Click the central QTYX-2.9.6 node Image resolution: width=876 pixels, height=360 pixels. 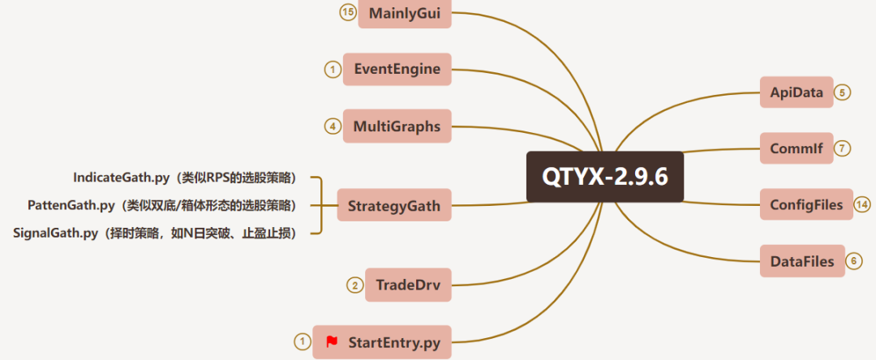pos(604,177)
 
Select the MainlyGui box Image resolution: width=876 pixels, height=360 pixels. pos(405,13)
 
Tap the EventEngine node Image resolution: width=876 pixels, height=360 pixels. pos(397,69)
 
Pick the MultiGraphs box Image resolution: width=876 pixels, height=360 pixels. pos(397,126)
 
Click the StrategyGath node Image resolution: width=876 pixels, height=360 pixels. pos(393,205)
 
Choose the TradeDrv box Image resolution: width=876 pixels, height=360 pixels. pos(407,285)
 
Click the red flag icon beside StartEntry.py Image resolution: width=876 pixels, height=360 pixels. pos(331,341)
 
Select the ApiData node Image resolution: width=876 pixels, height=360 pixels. pos(797,92)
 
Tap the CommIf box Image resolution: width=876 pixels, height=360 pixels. pos(797,148)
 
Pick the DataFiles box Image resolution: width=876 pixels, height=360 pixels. pos(801,261)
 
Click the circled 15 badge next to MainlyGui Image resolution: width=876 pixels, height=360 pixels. pos(348,13)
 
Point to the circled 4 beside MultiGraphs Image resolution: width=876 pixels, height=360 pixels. pos(332,126)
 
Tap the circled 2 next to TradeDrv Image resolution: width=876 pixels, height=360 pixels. pos(354,285)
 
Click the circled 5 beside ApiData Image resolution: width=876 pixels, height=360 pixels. pos(843,92)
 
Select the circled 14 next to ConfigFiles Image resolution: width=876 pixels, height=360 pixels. pos(862,204)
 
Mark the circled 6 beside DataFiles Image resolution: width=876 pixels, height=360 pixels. pos(854,261)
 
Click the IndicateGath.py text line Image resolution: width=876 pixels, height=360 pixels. pos(184,177)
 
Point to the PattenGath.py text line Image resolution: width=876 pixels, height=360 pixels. pos(161,204)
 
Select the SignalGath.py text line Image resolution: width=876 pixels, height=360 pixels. pos(154,233)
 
